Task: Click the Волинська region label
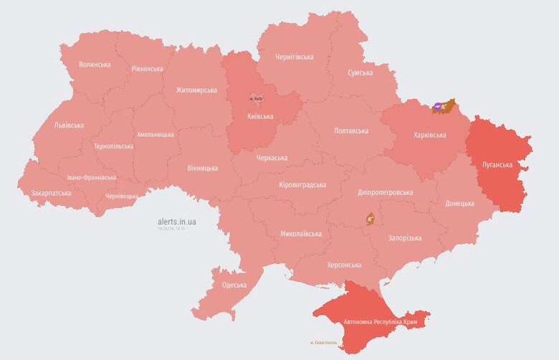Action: [95, 64]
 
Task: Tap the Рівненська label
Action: [147, 69]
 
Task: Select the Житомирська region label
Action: [196, 90]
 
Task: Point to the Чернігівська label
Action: [294, 57]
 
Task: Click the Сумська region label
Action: [360, 72]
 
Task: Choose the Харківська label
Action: [430, 135]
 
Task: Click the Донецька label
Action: [459, 203]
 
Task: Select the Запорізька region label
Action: [404, 237]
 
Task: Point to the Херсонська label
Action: [344, 265]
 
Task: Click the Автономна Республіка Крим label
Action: [381, 322]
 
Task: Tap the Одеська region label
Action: [234, 285]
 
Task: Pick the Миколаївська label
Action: [301, 233]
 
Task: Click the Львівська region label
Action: [69, 125]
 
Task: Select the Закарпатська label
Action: [51, 193]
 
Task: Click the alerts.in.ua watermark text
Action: [176, 222]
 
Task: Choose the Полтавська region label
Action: [351, 131]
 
